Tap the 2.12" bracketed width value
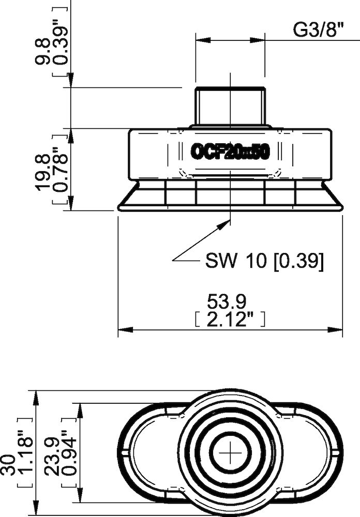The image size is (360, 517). (x=230, y=320)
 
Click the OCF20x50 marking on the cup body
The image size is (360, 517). (x=230, y=152)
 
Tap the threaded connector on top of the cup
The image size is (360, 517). (x=230, y=106)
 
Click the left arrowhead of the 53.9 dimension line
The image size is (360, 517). (x=123, y=330)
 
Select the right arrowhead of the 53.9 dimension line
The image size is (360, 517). (x=337, y=330)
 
